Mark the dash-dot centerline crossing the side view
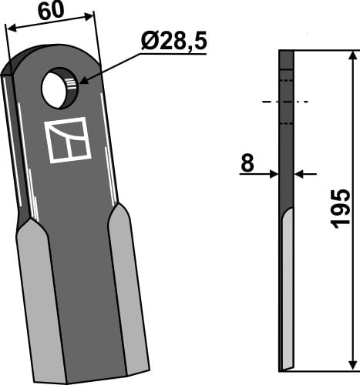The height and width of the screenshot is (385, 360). click(x=286, y=102)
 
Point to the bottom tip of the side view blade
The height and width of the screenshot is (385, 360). click(x=284, y=367)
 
